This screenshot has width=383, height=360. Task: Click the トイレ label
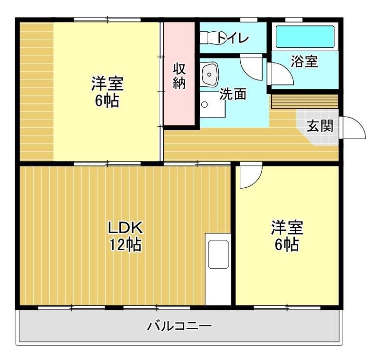click(234, 38)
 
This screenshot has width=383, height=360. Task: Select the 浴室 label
click(305, 62)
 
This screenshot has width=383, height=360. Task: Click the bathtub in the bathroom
click(305, 37)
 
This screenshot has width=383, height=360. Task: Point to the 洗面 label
click(232, 94)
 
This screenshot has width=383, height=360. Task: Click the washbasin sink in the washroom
click(211, 75)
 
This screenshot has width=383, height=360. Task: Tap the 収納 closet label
click(180, 76)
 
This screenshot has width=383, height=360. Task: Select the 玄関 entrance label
click(320, 126)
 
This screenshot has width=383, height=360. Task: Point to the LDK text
click(125, 228)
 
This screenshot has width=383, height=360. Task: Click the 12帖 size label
click(125, 244)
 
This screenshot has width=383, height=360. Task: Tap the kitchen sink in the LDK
click(218, 254)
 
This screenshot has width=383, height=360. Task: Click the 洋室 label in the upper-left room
click(107, 83)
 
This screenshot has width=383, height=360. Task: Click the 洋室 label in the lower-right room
click(287, 228)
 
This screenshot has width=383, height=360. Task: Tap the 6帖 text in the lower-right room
click(287, 244)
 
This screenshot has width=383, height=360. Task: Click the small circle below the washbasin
click(205, 104)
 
